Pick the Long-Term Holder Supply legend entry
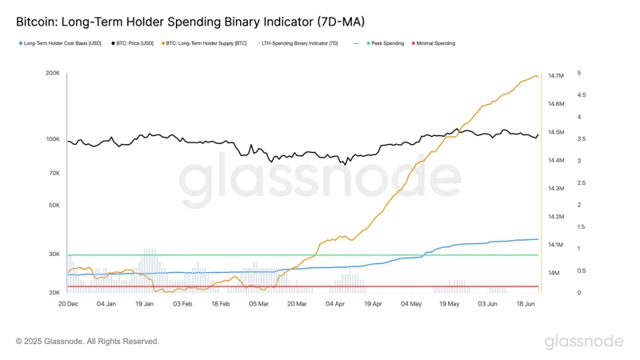(207, 43)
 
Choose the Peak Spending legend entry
(387, 43)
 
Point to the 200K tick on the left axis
(53, 73)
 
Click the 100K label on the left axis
(53, 139)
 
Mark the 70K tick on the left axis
(54, 173)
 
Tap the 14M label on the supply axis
(554, 273)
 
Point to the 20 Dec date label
(68, 304)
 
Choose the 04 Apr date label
(335, 304)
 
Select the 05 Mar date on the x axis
(258, 304)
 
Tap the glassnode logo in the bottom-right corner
(584, 342)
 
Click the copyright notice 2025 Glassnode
(87, 342)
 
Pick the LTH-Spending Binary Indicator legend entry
(301, 43)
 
